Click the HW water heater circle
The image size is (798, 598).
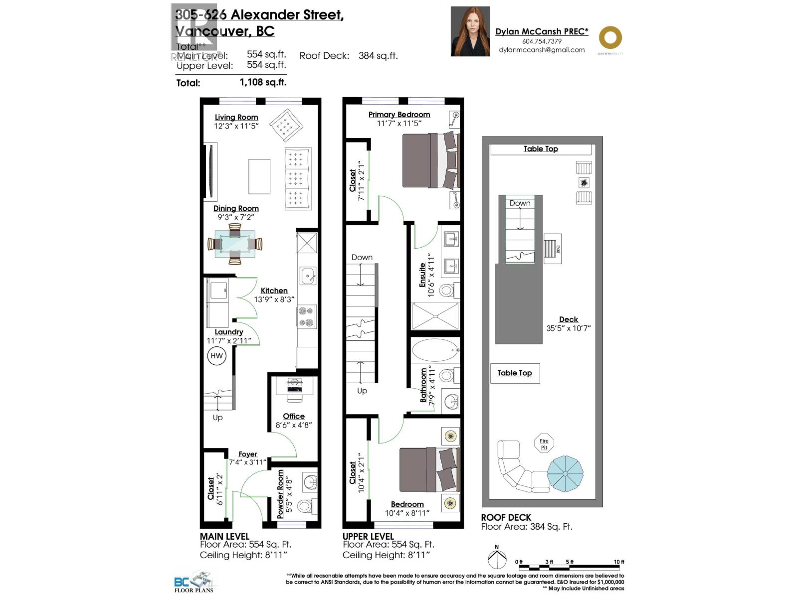click(x=216, y=356)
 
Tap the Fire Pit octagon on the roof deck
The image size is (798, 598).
click(x=544, y=444)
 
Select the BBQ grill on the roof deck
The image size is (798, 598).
click(x=552, y=249)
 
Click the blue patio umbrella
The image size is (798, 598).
click(x=565, y=472)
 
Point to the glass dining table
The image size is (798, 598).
click(x=235, y=244)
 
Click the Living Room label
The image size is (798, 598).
click(x=236, y=117)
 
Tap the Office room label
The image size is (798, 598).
click(x=294, y=416)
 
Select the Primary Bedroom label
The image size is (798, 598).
click(x=399, y=114)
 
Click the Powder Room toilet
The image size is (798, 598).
click(x=305, y=507)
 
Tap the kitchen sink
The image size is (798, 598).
click(x=307, y=276)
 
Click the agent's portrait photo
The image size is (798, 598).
click(x=470, y=31)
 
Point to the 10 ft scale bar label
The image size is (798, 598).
click(x=618, y=562)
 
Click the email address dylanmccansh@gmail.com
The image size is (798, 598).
click(x=542, y=50)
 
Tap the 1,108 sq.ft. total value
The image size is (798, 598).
click(x=263, y=82)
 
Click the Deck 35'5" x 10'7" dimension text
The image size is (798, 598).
click(x=569, y=328)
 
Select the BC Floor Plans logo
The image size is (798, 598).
click(x=195, y=582)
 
